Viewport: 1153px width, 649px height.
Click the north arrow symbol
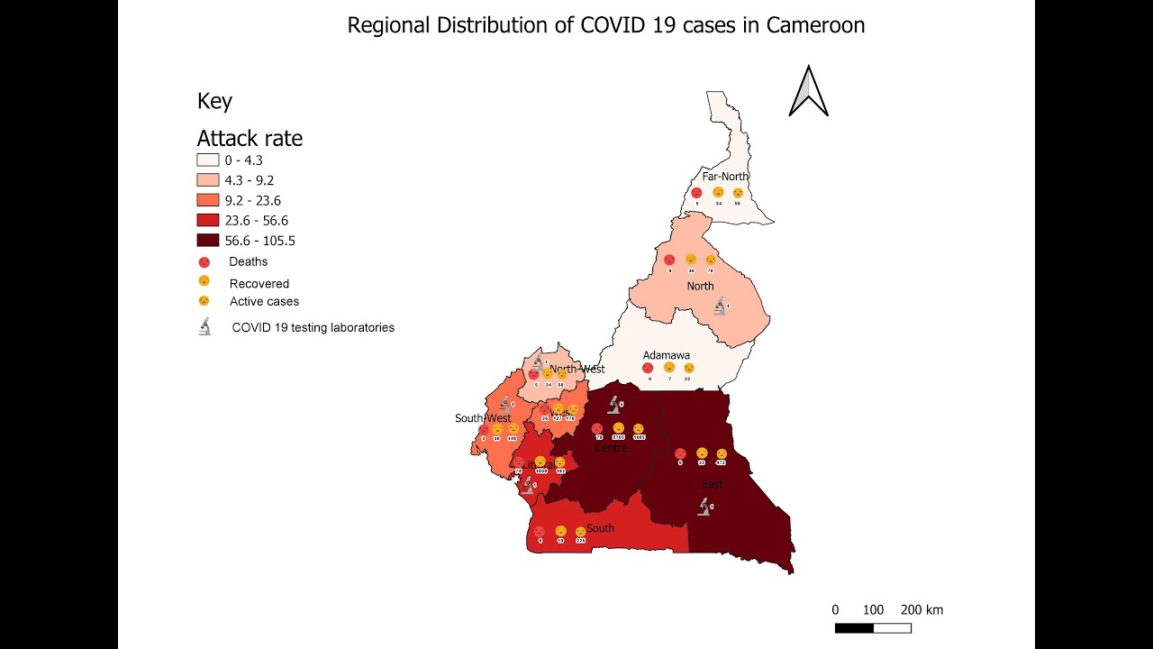808,92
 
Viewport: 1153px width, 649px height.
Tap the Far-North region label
725,177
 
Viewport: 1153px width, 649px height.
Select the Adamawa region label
667,356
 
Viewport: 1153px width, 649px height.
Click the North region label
700,287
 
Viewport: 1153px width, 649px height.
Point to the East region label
712,485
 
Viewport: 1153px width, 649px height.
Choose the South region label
600,528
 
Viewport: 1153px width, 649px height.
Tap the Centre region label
610,448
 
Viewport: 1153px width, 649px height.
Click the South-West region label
483,418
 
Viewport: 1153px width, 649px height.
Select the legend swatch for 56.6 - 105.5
208,241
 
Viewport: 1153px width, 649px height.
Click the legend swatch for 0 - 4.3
208,160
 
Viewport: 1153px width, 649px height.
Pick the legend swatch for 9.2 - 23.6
208,200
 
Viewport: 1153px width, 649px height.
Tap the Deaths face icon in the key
204,262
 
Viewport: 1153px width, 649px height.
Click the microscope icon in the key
205,327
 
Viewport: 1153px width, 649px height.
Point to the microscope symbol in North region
720,306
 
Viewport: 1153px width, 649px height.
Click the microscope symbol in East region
704,507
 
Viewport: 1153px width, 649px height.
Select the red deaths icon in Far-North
696,193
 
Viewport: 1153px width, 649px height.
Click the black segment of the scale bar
854,627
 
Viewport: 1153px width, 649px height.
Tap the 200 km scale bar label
921,610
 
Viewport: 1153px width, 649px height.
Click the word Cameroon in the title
815,25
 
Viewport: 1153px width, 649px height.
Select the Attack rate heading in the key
250,139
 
